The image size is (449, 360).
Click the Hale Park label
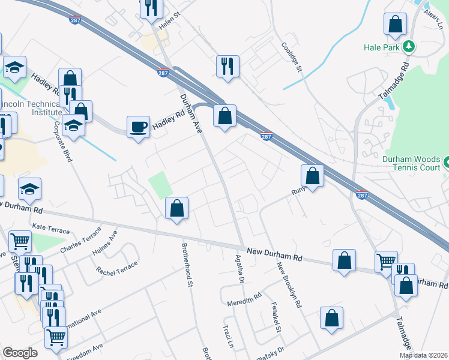[x=381, y=47]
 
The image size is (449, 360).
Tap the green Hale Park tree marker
[x=409, y=46]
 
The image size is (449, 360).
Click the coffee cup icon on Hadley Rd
[x=139, y=127]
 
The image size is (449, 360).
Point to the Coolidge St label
[x=292, y=57]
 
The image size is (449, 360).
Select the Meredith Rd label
[x=244, y=301]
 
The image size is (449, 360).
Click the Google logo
[x=20, y=353]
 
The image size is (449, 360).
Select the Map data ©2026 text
[x=424, y=356]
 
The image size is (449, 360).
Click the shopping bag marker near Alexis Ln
[x=396, y=25]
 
